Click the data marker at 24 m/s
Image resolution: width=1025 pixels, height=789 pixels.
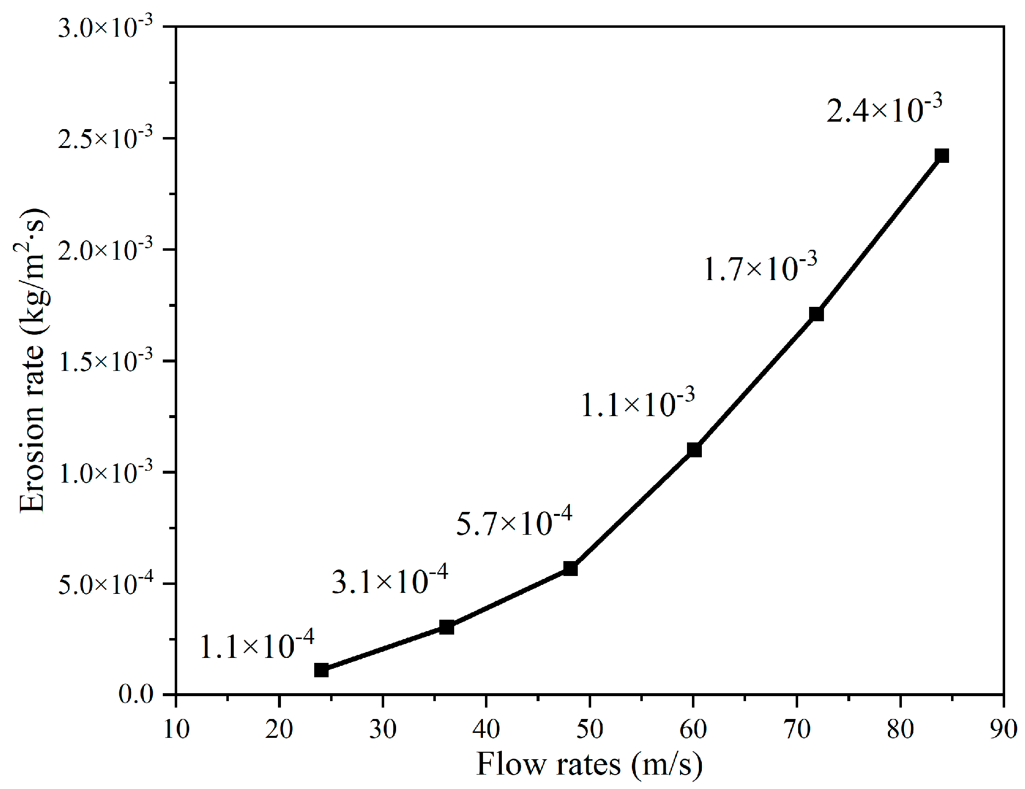point(321,670)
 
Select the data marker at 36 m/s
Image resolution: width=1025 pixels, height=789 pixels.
point(447,627)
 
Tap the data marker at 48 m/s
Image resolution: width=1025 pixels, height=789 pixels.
point(570,569)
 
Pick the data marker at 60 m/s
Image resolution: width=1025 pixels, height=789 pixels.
point(694,450)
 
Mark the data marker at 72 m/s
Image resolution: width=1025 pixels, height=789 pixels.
point(817,314)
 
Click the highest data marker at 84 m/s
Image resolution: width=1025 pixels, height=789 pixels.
point(942,156)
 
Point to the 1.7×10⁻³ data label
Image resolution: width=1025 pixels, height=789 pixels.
point(760,267)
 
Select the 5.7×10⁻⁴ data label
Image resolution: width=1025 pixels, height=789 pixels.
point(514,521)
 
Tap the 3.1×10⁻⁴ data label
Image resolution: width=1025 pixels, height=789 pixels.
point(390,579)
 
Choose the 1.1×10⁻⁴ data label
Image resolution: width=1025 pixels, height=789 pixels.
point(257,645)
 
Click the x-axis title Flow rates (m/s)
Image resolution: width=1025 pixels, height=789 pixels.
point(589,764)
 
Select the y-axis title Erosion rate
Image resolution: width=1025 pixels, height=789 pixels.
point(33,360)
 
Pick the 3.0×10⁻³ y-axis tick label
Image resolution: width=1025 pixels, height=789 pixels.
point(105,27)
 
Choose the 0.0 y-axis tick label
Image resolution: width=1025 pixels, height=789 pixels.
point(136,694)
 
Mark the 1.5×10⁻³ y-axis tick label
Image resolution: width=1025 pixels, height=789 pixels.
point(105,361)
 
